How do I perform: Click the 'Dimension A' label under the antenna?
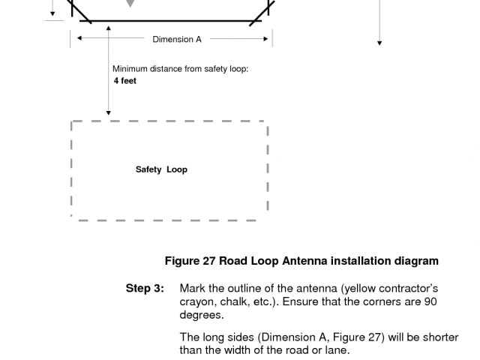tap(177, 40)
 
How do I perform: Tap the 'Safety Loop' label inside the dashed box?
tap(161, 169)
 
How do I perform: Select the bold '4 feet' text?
tap(125, 81)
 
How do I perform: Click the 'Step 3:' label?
tap(145, 289)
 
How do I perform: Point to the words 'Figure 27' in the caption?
tap(190, 261)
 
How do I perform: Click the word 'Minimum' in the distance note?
tap(130, 69)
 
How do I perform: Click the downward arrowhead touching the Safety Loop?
tap(109, 112)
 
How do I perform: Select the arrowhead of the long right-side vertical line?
tap(379, 43)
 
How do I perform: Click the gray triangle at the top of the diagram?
tap(130, 4)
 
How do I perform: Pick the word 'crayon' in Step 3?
tap(196, 301)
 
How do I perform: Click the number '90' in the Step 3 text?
tap(430, 301)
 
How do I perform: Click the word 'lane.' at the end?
tap(336, 350)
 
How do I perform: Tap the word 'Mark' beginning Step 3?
tap(193, 289)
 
